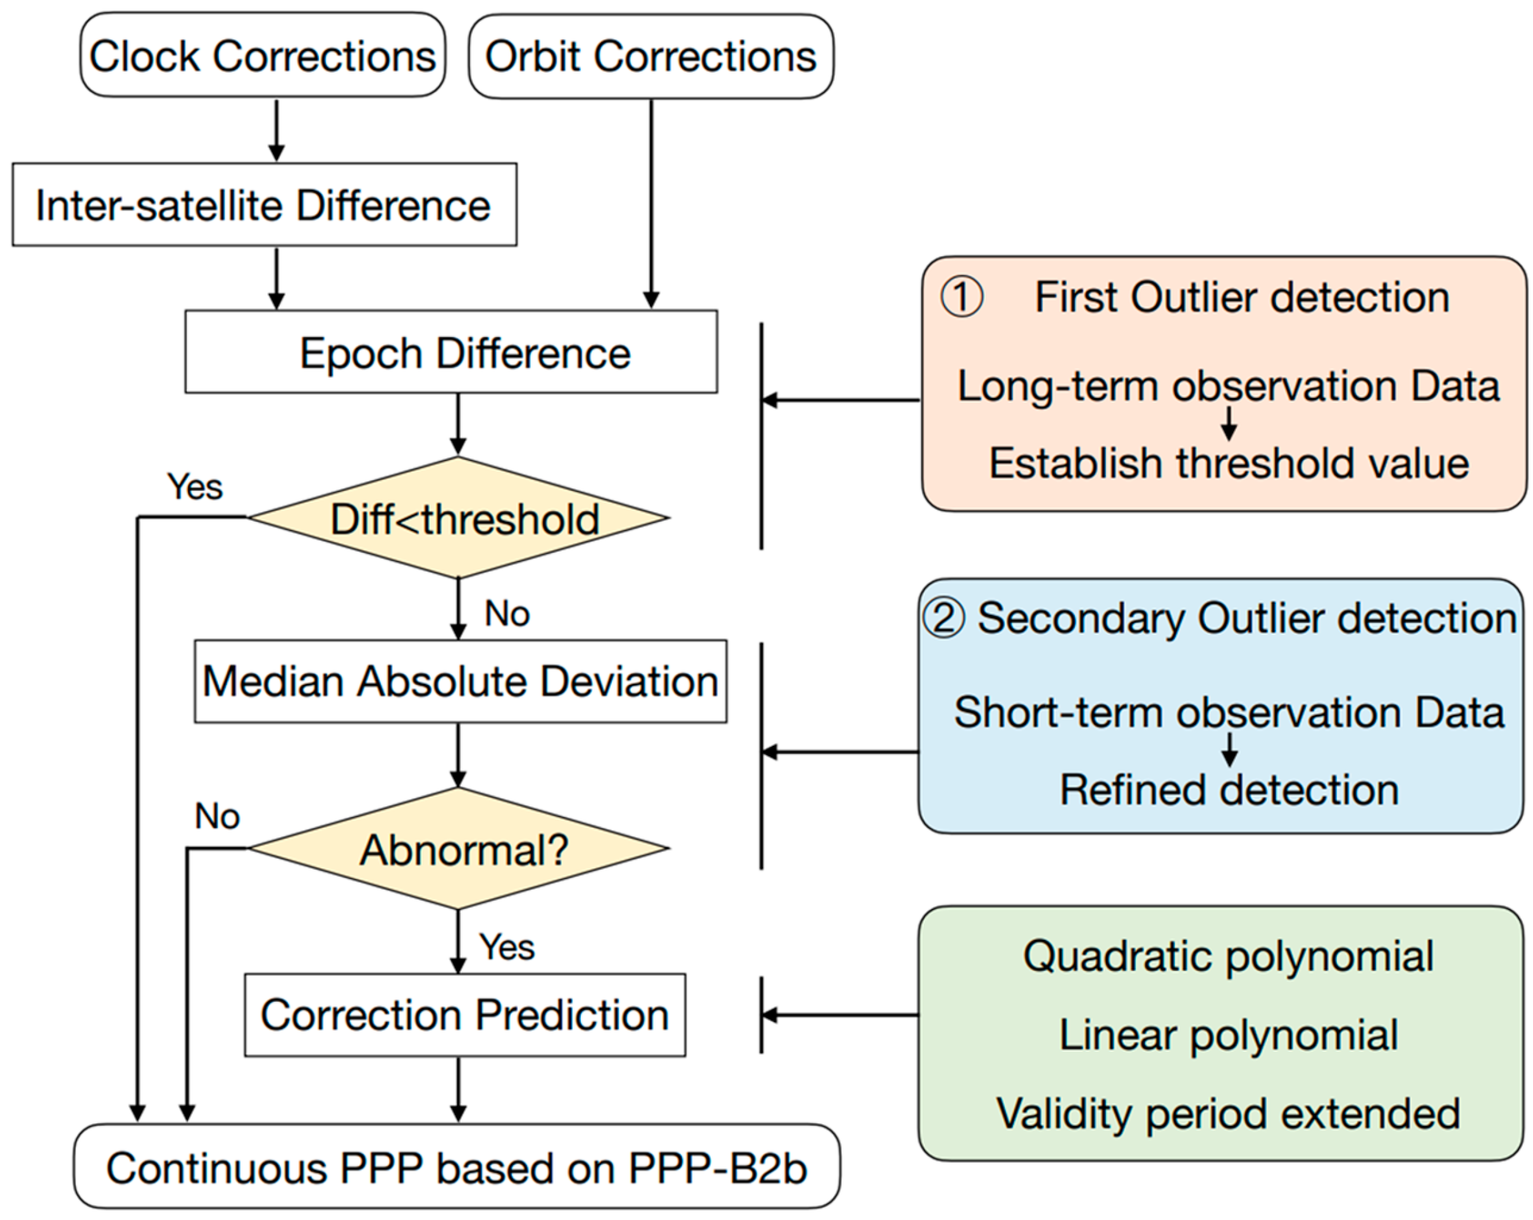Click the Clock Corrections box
263,56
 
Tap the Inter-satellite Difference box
264,205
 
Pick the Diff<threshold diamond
459,518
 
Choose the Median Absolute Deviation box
460,681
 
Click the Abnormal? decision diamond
459,849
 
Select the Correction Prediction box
464,1014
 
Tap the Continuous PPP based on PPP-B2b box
457,1168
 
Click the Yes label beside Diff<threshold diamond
195,487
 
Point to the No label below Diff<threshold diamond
507,613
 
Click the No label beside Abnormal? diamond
217,816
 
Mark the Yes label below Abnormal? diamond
506,947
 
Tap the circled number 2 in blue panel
943,617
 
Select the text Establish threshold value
1229,464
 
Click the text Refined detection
1229,790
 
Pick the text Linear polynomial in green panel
1228,1035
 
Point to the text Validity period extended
1228,1113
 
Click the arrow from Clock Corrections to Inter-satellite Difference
276,131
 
